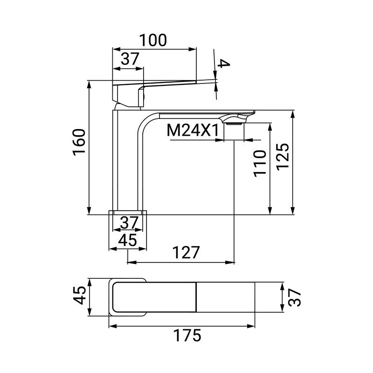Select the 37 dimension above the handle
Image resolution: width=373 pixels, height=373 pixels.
tap(131, 59)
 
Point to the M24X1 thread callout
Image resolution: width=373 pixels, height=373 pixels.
tap(193, 131)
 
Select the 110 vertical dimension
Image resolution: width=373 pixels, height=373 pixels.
tap(260, 162)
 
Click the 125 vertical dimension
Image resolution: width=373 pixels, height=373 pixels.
tap(284, 158)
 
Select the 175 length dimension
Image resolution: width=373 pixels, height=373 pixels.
tap(186, 335)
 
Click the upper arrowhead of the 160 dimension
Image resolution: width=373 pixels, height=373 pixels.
tap(89, 84)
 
